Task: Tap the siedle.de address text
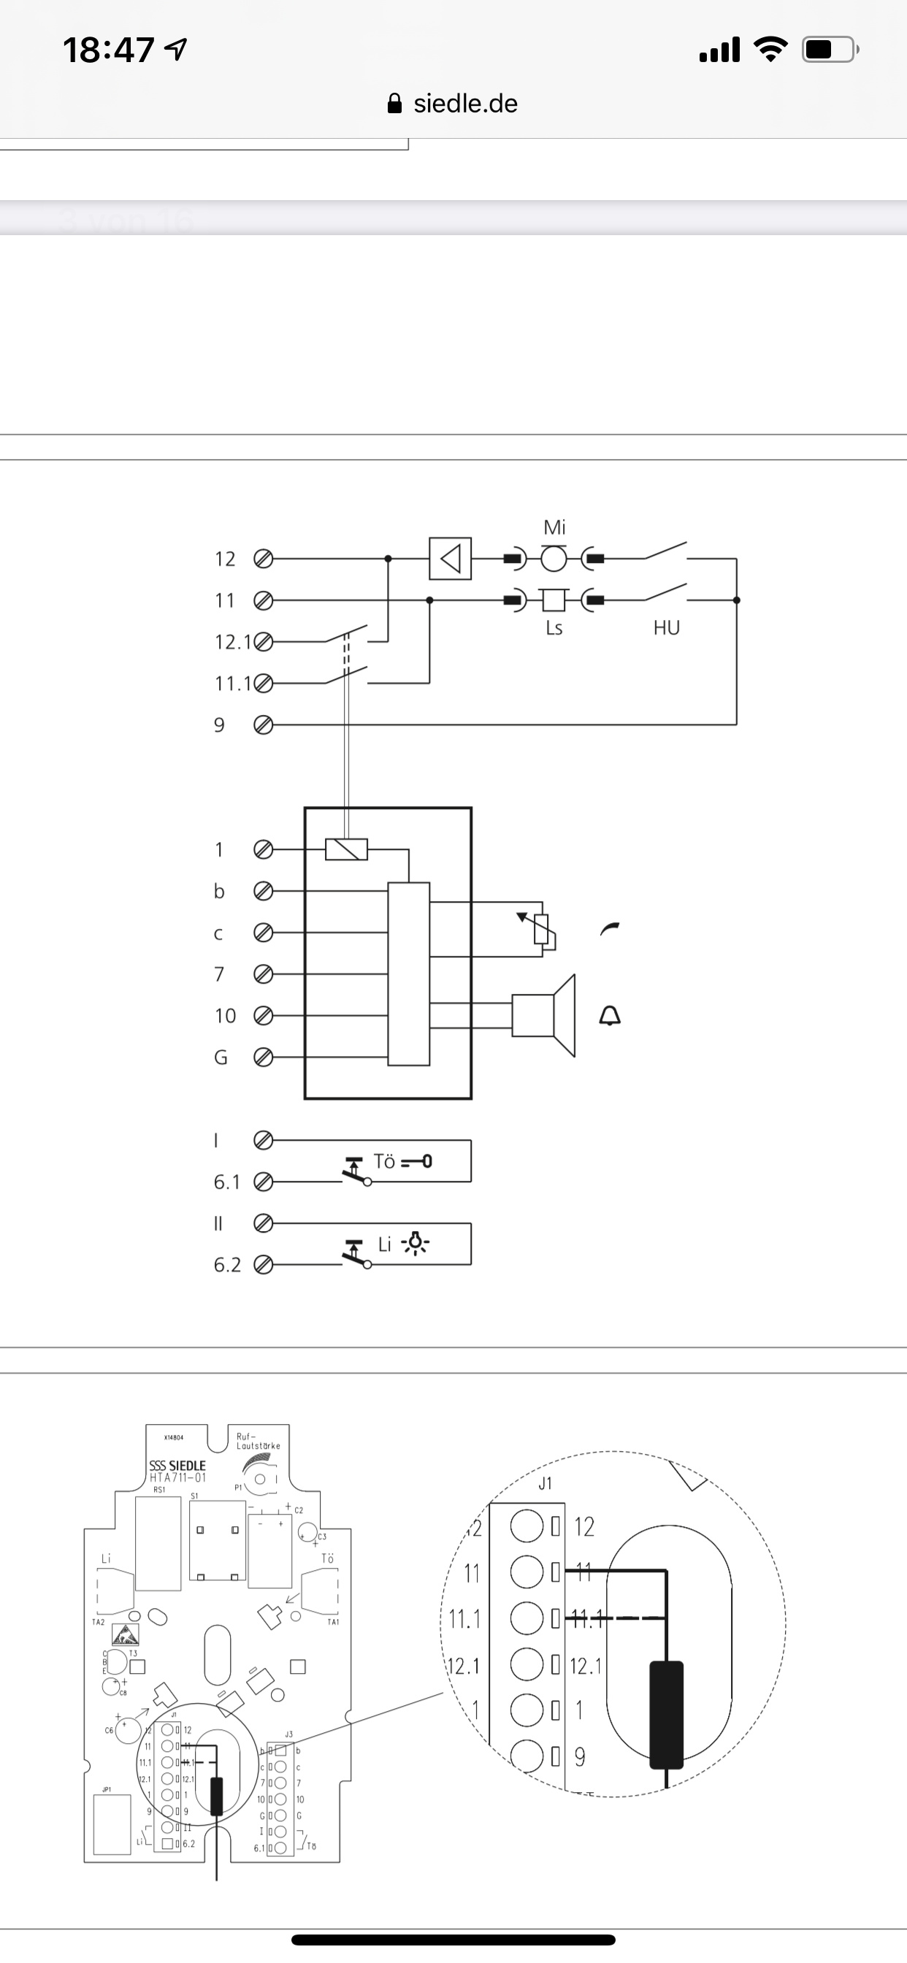pyautogui.click(x=465, y=104)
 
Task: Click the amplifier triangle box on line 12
pyautogui.click(x=450, y=559)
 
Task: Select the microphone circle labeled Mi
pyautogui.click(x=554, y=559)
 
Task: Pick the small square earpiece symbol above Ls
pyautogui.click(x=554, y=600)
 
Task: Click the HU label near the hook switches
pyautogui.click(x=666, y=628)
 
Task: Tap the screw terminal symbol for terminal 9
pyautogui.click(x=263, y=724)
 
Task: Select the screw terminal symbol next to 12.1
pyautogui.click(x=263, y=642)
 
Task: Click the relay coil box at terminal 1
pyautogui.click(x=346, y=849)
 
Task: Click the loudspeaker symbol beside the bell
pyautogui.click(x=543, y=1015)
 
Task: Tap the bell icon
pyautogui.click(x=610, y=1015)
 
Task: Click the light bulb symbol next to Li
pyautogui.click(x=416, y=1244)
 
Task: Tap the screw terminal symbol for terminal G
pyautogui.click(x=263, y=1057)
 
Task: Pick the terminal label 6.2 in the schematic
pyautogui.click(x=226, y=1265)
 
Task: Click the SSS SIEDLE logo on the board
pyautogui.click(x=177, y=1466)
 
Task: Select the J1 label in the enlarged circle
pyautogui.click(x=544, y=1484)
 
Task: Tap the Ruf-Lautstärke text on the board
pyautogui.click(x=258, y=1441)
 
